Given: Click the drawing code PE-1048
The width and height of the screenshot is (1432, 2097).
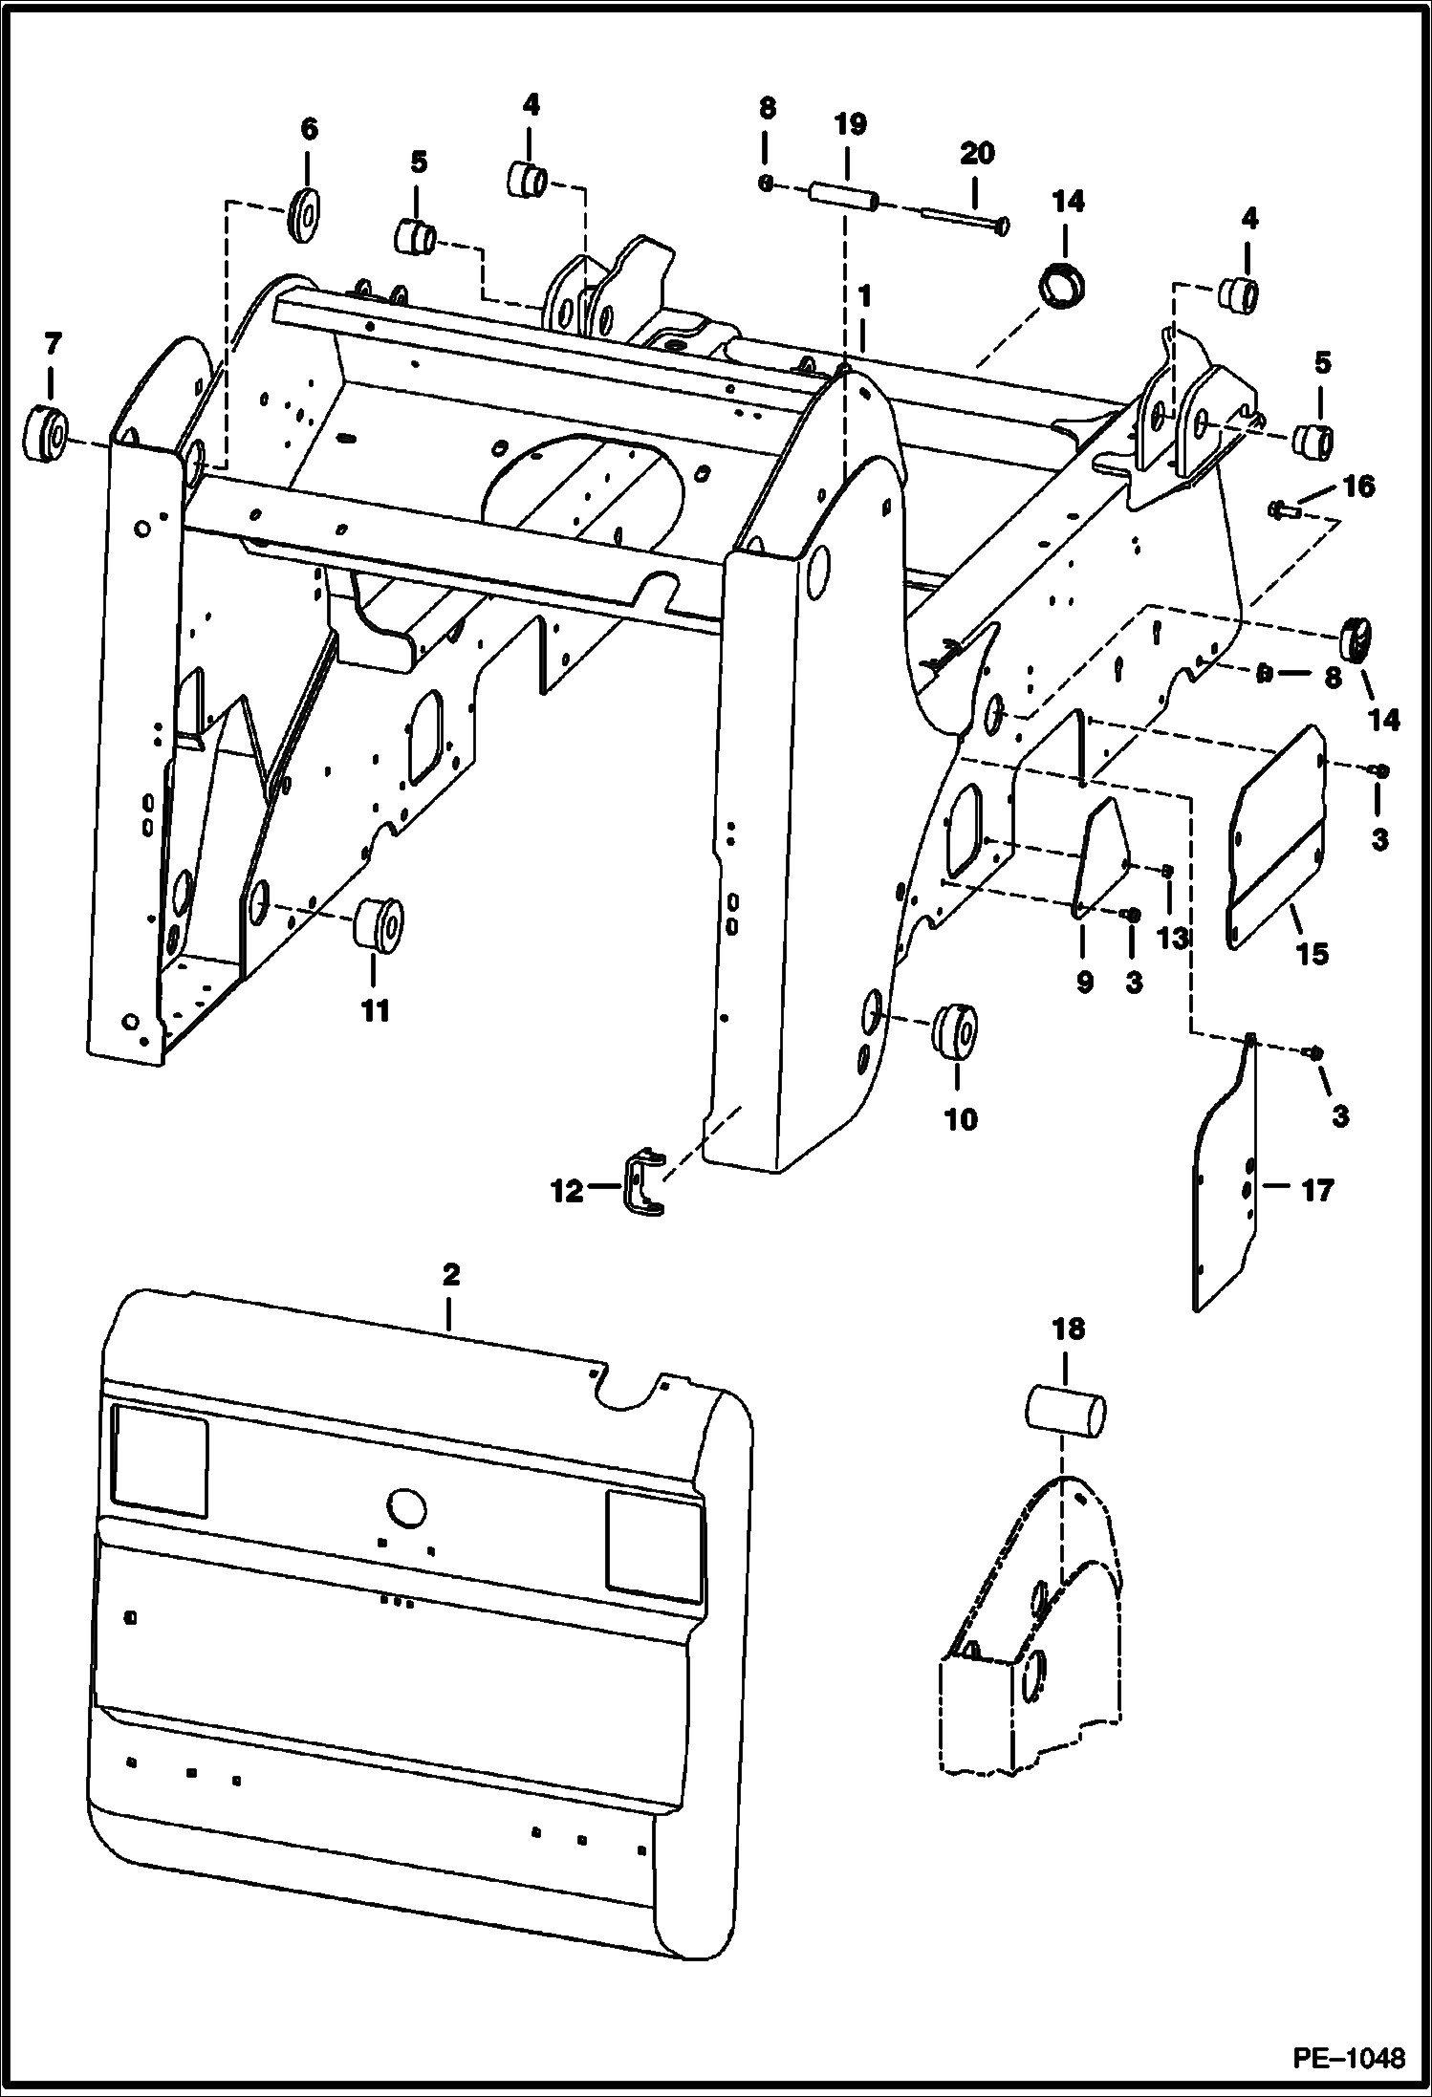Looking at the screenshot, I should coord(1351,2057).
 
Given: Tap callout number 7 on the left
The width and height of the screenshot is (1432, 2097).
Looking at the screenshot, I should coord(52,344).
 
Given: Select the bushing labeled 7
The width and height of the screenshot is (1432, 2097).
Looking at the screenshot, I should coord(44,434).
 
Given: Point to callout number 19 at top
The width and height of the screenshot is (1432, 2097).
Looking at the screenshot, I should coord(849,125).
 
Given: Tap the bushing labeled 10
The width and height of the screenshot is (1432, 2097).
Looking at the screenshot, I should coord(954,1032).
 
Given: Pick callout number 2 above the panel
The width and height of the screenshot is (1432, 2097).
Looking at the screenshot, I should coord(450,1274).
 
